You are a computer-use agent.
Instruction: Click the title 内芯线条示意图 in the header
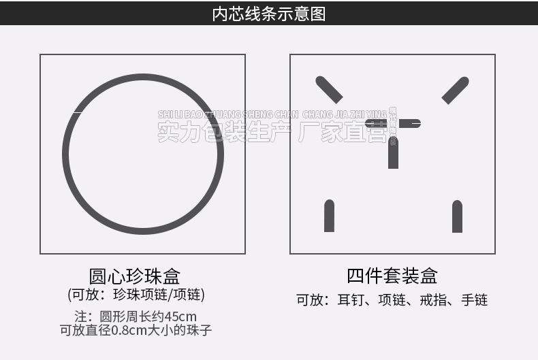pyautogui.click(x=269, y=14)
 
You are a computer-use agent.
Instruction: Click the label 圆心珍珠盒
pyautogui.click(x=135, y=276)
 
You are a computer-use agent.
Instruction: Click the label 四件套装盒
pyautogui.click(x=392, y=276)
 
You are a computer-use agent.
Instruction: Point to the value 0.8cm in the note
pyautogui.click(x=129, y=331)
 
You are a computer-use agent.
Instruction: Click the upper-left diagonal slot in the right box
pyautogui.click(x=329, y=89)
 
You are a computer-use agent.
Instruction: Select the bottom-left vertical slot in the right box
pyautogui.click(x=329, y=216)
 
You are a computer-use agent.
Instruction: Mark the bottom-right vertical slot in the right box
pyautogui.click(x=457, y=216)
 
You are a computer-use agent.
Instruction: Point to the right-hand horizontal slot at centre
pyautogui.click(x=409, y=123)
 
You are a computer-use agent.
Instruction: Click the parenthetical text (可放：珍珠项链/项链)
pyautogui.click(x=136, y=295)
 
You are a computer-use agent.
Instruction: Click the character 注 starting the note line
pyautogui.click(x=80, y=316)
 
